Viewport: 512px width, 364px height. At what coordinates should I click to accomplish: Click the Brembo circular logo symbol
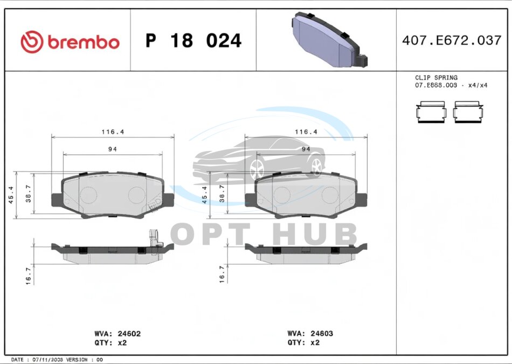point(32,42)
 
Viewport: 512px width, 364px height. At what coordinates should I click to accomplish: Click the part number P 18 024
point(193,40)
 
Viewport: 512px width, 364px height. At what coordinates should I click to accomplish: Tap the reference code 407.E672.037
point(452,40)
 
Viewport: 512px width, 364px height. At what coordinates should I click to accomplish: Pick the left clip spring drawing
point(431,112)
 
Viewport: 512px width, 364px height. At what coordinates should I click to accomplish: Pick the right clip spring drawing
point(468,112)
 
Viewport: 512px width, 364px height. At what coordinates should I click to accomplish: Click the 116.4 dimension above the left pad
point(113,132)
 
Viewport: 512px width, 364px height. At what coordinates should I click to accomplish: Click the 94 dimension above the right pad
point(306,149)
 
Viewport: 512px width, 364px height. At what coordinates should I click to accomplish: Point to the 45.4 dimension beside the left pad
point(11,195)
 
